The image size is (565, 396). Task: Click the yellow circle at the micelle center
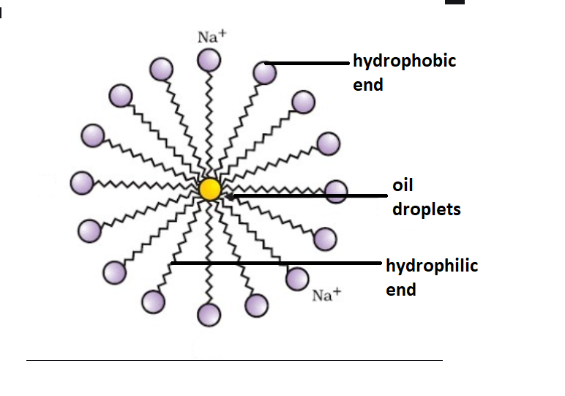(210, 189)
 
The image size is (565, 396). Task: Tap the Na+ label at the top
(212, 37)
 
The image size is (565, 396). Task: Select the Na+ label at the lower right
(326, 295)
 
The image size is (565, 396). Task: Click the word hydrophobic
(404, 61)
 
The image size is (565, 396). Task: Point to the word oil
(403, 185)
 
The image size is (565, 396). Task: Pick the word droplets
(426, 209)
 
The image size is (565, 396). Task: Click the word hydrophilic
(432, 266)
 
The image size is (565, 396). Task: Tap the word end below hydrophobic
(368, 85)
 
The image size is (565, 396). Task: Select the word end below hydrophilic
(401, 290)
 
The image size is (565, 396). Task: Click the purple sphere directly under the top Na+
(210, 60)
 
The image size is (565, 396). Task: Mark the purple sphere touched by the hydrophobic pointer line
(264, 72)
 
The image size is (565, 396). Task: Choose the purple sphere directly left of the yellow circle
(82, 182)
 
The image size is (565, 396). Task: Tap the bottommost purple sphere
(209, 314)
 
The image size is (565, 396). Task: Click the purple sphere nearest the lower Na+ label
(297, 278)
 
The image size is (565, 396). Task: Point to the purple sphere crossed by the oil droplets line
(336, 191)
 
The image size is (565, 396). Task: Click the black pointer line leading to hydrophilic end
(278, 263)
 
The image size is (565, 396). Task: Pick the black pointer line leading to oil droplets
(307, 195)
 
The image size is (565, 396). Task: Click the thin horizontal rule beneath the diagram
(234, 360)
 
